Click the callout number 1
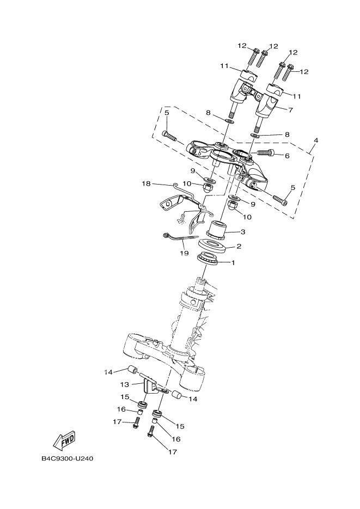point(233,263)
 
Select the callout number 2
point(238,247)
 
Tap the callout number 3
point(242,232)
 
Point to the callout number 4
point(316,140)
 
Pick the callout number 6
point(287,156)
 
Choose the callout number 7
point(290,109)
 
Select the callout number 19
point(184,254)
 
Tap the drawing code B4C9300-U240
point(68,458)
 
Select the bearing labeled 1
point(210,259)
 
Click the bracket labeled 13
point(149,388)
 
